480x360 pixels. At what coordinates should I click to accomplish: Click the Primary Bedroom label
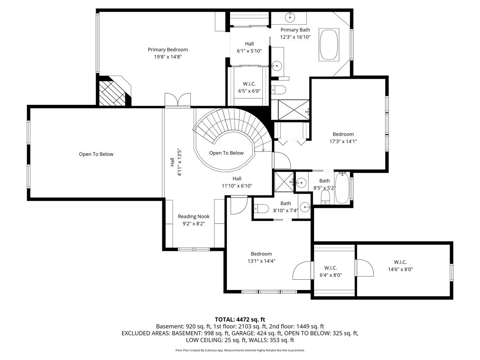coord(168,53)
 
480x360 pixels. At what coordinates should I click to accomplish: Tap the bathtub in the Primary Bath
coord(329,44)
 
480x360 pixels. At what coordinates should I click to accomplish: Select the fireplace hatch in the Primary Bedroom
coord(112,93)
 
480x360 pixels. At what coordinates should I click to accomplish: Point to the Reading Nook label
coord(194,220)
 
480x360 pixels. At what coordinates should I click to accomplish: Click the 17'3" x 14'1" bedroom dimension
coord(343,142)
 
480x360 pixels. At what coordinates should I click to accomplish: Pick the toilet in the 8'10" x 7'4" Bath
coord(261,208)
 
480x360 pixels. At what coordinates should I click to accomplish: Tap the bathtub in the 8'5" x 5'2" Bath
coord(342,188)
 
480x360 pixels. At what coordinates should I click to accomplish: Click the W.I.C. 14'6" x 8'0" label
coord(400,266)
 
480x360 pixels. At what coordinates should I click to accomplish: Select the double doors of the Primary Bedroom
coord(178,100)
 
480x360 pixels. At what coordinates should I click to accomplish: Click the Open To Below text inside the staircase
coord(226,153)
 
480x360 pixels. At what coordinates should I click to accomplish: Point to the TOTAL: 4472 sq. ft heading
coord(240,320)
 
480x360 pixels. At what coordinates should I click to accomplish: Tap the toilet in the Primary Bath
coord(278,90)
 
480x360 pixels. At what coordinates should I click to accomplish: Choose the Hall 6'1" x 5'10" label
coord(249,47)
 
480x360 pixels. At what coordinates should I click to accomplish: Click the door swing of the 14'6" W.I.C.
coord(365,268)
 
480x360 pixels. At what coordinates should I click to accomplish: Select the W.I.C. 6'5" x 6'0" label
coord(249,87)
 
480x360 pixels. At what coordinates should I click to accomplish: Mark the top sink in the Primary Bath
coord(290,17)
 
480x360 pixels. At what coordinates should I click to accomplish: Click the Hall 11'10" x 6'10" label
coord(237,182)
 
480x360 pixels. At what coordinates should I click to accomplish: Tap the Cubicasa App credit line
coord(240,350)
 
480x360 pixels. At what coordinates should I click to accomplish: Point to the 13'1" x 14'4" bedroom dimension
coord(261,261)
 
